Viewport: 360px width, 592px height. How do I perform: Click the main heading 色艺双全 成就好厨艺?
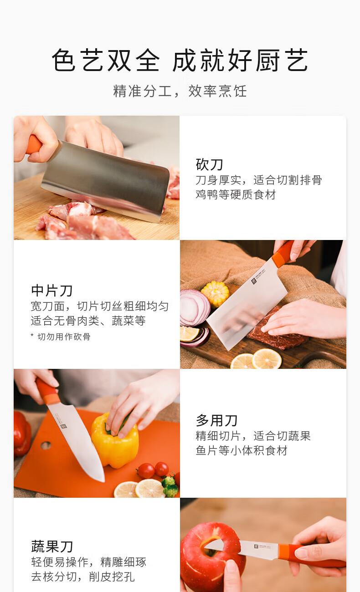point(180,60)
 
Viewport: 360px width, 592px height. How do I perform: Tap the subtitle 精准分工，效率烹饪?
point(180,91)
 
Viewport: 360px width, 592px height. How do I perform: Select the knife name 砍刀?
point(209,164)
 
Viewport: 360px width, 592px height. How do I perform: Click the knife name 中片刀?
point(52,291)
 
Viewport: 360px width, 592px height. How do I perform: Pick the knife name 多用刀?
point(216,420)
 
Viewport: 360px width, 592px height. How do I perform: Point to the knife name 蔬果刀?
point(52,546)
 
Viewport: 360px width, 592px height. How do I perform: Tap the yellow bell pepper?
point(115,439)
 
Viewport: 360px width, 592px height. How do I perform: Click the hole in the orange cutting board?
point(46,445)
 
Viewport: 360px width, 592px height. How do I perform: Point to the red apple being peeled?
point(211,558)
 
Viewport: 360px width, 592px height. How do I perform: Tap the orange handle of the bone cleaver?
point(33,144)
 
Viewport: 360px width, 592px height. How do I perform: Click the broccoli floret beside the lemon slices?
point(170,486)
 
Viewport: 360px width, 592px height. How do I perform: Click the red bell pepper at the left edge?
point(22,433)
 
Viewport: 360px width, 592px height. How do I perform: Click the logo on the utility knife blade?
point(63,426)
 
